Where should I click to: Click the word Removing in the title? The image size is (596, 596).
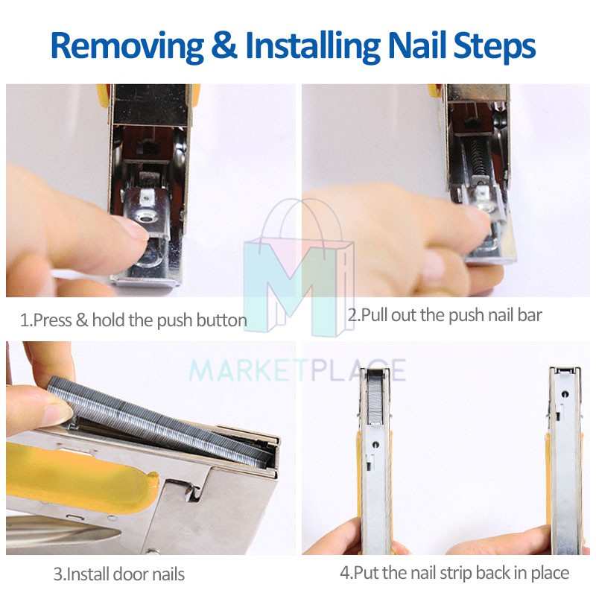coord(127,46)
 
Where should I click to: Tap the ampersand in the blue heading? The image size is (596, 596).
coord(224,45)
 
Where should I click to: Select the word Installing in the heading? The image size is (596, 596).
coord(312,46)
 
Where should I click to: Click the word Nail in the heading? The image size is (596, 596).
coord(416,45)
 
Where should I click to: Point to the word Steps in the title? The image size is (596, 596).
coord(495,46)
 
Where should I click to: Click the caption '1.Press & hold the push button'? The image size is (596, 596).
coord(133,320)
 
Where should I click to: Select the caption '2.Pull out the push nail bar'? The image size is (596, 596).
coord(445,315)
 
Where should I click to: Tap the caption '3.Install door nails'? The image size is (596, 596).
coord(119,574)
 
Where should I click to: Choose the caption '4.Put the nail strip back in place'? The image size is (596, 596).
coord(454,573)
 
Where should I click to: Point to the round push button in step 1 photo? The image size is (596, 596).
coord(146,218)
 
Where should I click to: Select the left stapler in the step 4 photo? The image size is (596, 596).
coord(375,460)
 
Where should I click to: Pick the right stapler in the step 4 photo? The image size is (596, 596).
coord(565,460)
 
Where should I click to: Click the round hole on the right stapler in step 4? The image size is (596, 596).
coord(565,394)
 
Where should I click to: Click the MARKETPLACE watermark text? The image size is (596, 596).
coord(297,370)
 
